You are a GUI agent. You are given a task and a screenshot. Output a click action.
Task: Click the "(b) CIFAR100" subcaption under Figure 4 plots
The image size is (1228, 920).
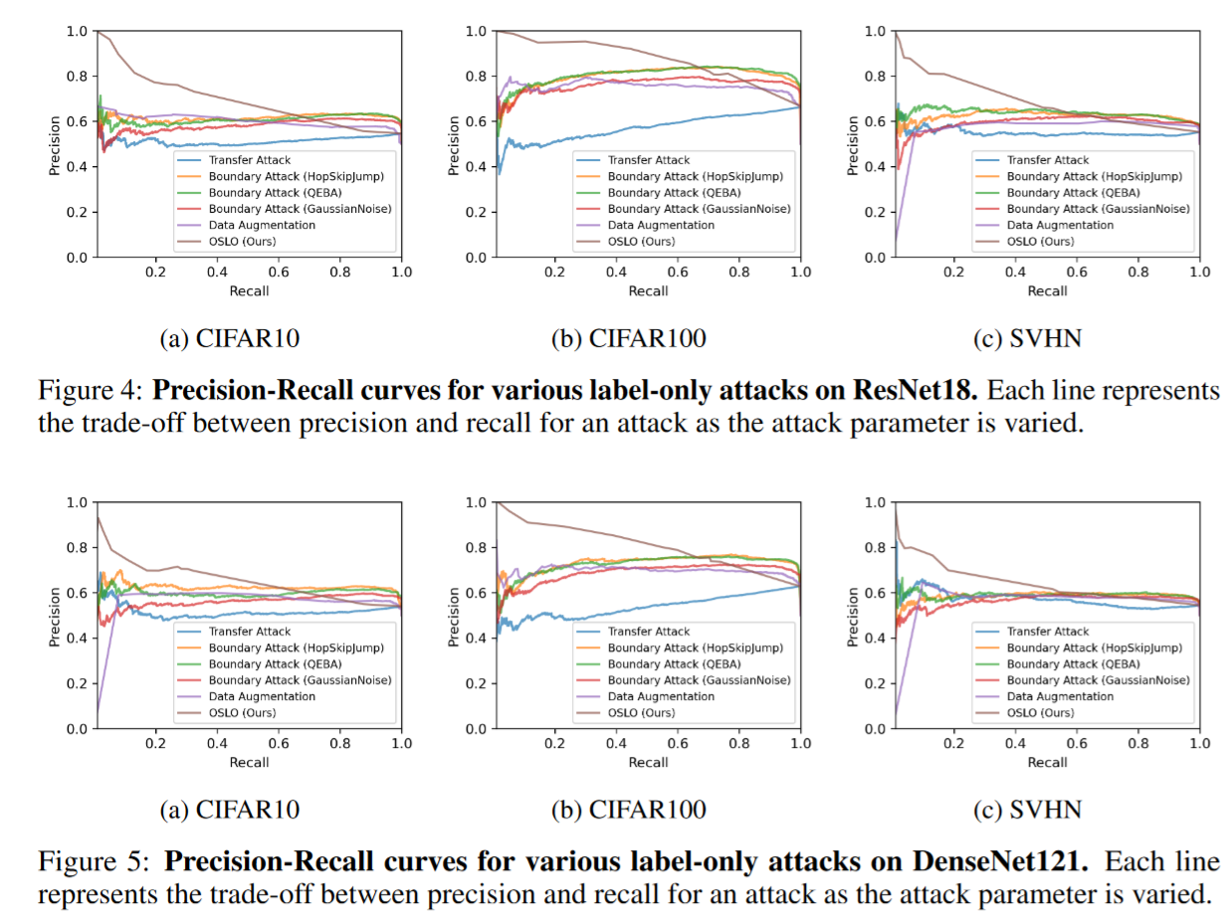click(x=629, y=338)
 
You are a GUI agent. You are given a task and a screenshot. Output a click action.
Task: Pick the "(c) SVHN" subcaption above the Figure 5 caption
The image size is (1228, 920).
click(x=1027, y=810)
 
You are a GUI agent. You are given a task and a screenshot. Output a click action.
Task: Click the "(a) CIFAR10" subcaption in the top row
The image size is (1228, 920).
click(x=230, y=338)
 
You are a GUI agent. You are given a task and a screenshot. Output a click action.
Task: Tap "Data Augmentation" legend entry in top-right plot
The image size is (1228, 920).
click(x=1061, y=225)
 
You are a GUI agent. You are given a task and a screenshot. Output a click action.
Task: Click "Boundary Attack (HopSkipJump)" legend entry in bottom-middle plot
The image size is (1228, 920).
click(x=695, y=647)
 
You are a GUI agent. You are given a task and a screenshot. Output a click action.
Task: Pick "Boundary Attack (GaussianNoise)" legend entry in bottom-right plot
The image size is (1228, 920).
click(x=1099, y=680)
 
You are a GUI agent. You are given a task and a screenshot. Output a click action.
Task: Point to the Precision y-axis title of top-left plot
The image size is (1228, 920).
click(x=55, y=145)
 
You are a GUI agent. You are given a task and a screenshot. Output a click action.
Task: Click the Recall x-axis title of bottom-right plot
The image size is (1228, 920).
click(x=1047, y=762)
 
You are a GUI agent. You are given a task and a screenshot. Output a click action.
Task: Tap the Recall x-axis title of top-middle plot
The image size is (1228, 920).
click(x=648, y=290)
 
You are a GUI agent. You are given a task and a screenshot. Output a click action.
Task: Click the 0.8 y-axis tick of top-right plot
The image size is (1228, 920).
click(x=875, y=77)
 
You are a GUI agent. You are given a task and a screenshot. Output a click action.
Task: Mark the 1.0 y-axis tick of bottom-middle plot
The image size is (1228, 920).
click(x=476, y=502)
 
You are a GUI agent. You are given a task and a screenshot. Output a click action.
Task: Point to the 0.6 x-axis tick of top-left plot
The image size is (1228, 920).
click(x=279, y=272)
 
